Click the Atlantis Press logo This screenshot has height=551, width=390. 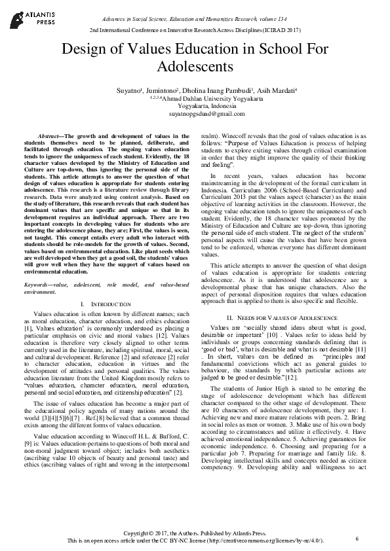26,16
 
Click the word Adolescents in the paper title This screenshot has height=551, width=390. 195,67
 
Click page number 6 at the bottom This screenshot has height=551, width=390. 357,538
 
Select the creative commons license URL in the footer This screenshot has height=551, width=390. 269,542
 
